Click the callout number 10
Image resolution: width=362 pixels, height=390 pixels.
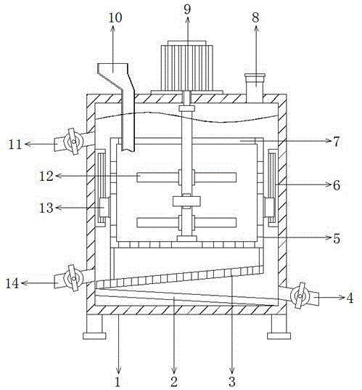point(115,17)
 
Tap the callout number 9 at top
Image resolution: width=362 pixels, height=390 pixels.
point(187,9)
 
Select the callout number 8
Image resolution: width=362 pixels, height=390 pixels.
point(255,17)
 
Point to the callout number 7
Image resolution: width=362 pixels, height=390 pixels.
point(336,142)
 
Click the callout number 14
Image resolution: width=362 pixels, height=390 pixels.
point(12,283)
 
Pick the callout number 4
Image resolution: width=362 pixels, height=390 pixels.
point(350,298)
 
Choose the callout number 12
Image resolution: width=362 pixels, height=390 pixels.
point(46,176)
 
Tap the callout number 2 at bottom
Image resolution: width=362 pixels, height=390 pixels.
point(174,381)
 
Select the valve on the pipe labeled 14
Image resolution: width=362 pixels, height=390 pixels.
point(73,278)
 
